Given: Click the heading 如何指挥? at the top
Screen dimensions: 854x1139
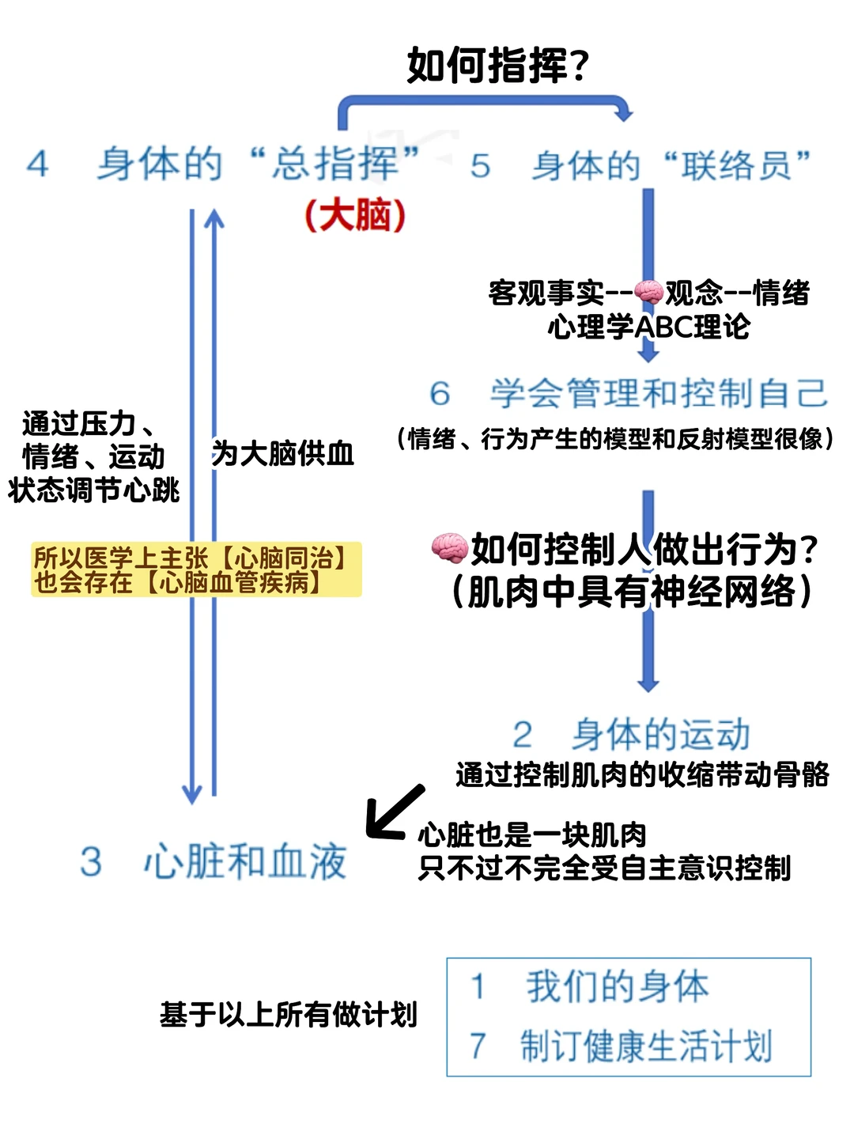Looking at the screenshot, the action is tap(498, 65).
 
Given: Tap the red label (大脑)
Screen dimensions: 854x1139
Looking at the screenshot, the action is tap(355, 214).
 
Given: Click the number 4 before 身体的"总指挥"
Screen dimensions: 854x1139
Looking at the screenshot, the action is tap(37, 165).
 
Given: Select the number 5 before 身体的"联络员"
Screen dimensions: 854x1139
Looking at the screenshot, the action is tap(480, 166).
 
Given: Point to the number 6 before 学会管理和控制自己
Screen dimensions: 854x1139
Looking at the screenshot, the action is tap(440, 393).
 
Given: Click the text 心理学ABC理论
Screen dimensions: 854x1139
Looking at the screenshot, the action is tap(648, 326).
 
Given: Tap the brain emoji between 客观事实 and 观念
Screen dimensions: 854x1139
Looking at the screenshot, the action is tap(648, 292).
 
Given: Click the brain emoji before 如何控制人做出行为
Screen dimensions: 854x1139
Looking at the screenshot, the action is tap(449, 547).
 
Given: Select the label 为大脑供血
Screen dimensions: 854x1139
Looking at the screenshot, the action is tap(282, 454).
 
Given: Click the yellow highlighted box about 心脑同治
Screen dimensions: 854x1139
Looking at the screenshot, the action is tap(196, 569).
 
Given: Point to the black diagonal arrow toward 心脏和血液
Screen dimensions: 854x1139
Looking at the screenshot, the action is tap(395, 811).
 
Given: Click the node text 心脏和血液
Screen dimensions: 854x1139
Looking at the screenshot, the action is tap(245, 861).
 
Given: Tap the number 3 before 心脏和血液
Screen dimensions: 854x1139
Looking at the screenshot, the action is tap(91, 861).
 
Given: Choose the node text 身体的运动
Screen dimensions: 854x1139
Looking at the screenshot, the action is tap(661, 735).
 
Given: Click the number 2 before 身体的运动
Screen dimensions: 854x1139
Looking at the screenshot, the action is tap(522, 735).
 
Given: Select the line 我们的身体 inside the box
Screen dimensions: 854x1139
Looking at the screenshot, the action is tap(617, 986).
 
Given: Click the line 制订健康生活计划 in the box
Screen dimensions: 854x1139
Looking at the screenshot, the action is tap(645, 1046).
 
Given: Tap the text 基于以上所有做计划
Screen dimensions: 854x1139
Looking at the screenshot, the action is tap(289, 1014).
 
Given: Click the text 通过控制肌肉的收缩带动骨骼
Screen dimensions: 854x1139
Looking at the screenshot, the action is tap(642, 774).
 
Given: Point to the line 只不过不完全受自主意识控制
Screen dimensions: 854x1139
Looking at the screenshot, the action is tap(605, 868).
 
